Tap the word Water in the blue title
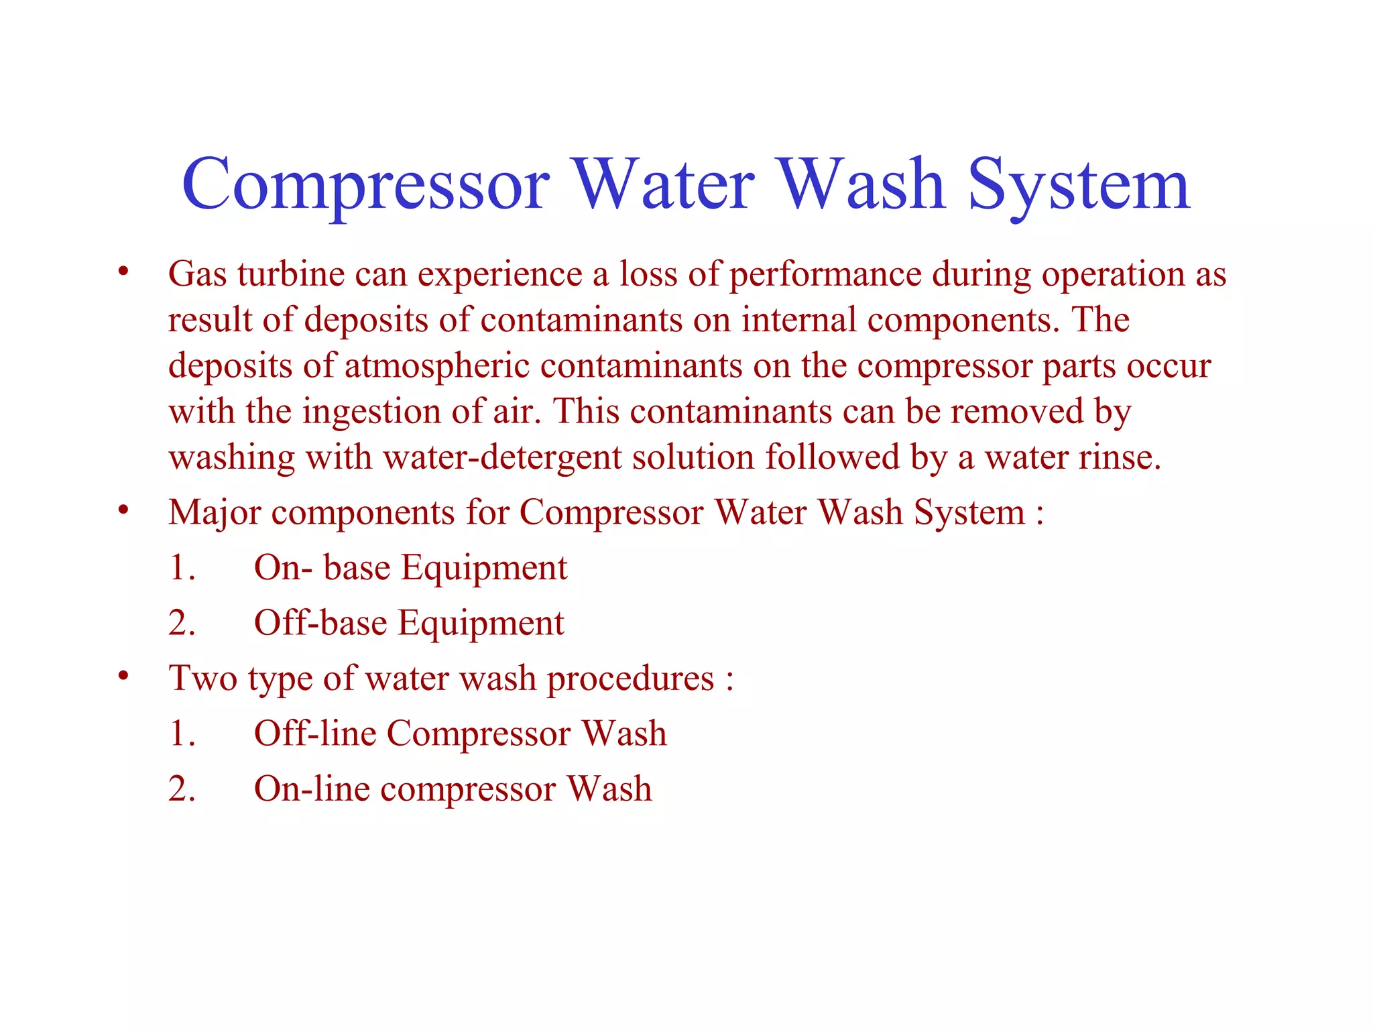pyautogui.click(x=664, y=184)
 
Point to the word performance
pyautogui.click(x=825, y=276)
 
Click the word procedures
pyautogui.click(x=630, y=679)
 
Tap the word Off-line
pyautogui.click(x=315, y=733)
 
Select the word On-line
pyautogui.click(x=312, y=789)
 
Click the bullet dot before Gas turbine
pyautogui.click(x=123, y=272)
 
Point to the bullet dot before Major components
pyautogui.click(x=123, y=510)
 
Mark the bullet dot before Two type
pyautogui.click(x=123, y=676)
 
